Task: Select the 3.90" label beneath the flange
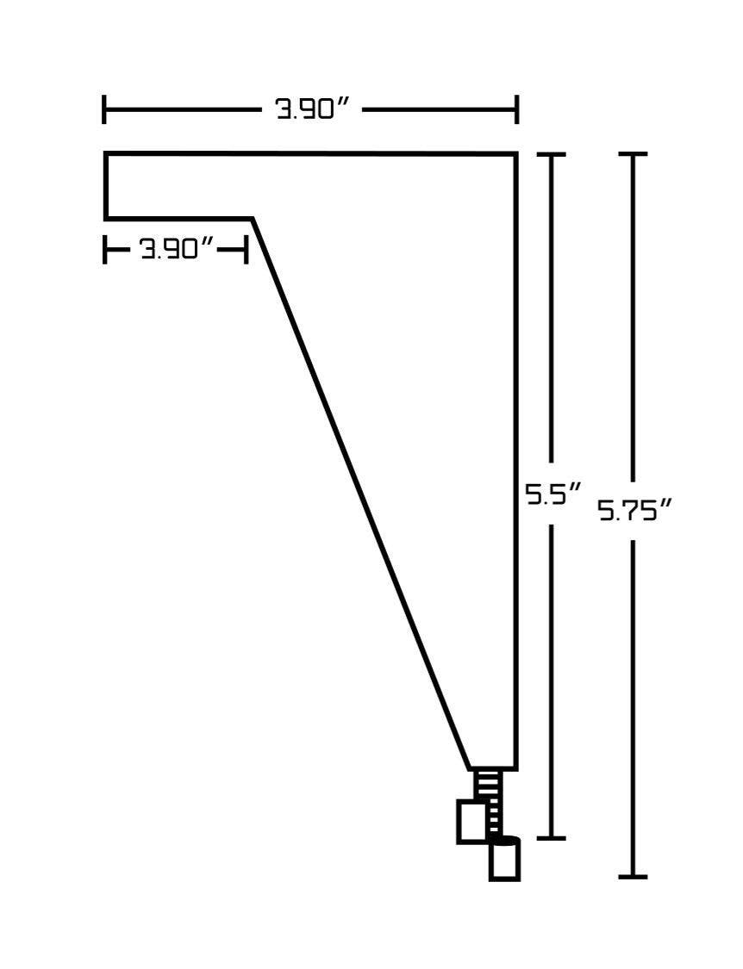pyautogui.click(x=177, y=249)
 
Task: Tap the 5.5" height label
pyautogui.click(x=553, y=494)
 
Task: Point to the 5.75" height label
pyautogui.click(x=635, y=511)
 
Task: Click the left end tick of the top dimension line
pyautogui.click(x=104, y=110)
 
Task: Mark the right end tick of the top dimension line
pyautogui.click(x=516, y=110)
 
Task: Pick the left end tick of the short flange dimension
pyautogui.click(x=104, y=249)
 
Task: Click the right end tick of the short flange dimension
pyautogui.click(x=247, y=249)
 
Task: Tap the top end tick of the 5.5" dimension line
pyautogui.click(x=552, y=154)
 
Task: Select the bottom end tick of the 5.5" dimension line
pyautogui.click(x=552, y=838)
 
